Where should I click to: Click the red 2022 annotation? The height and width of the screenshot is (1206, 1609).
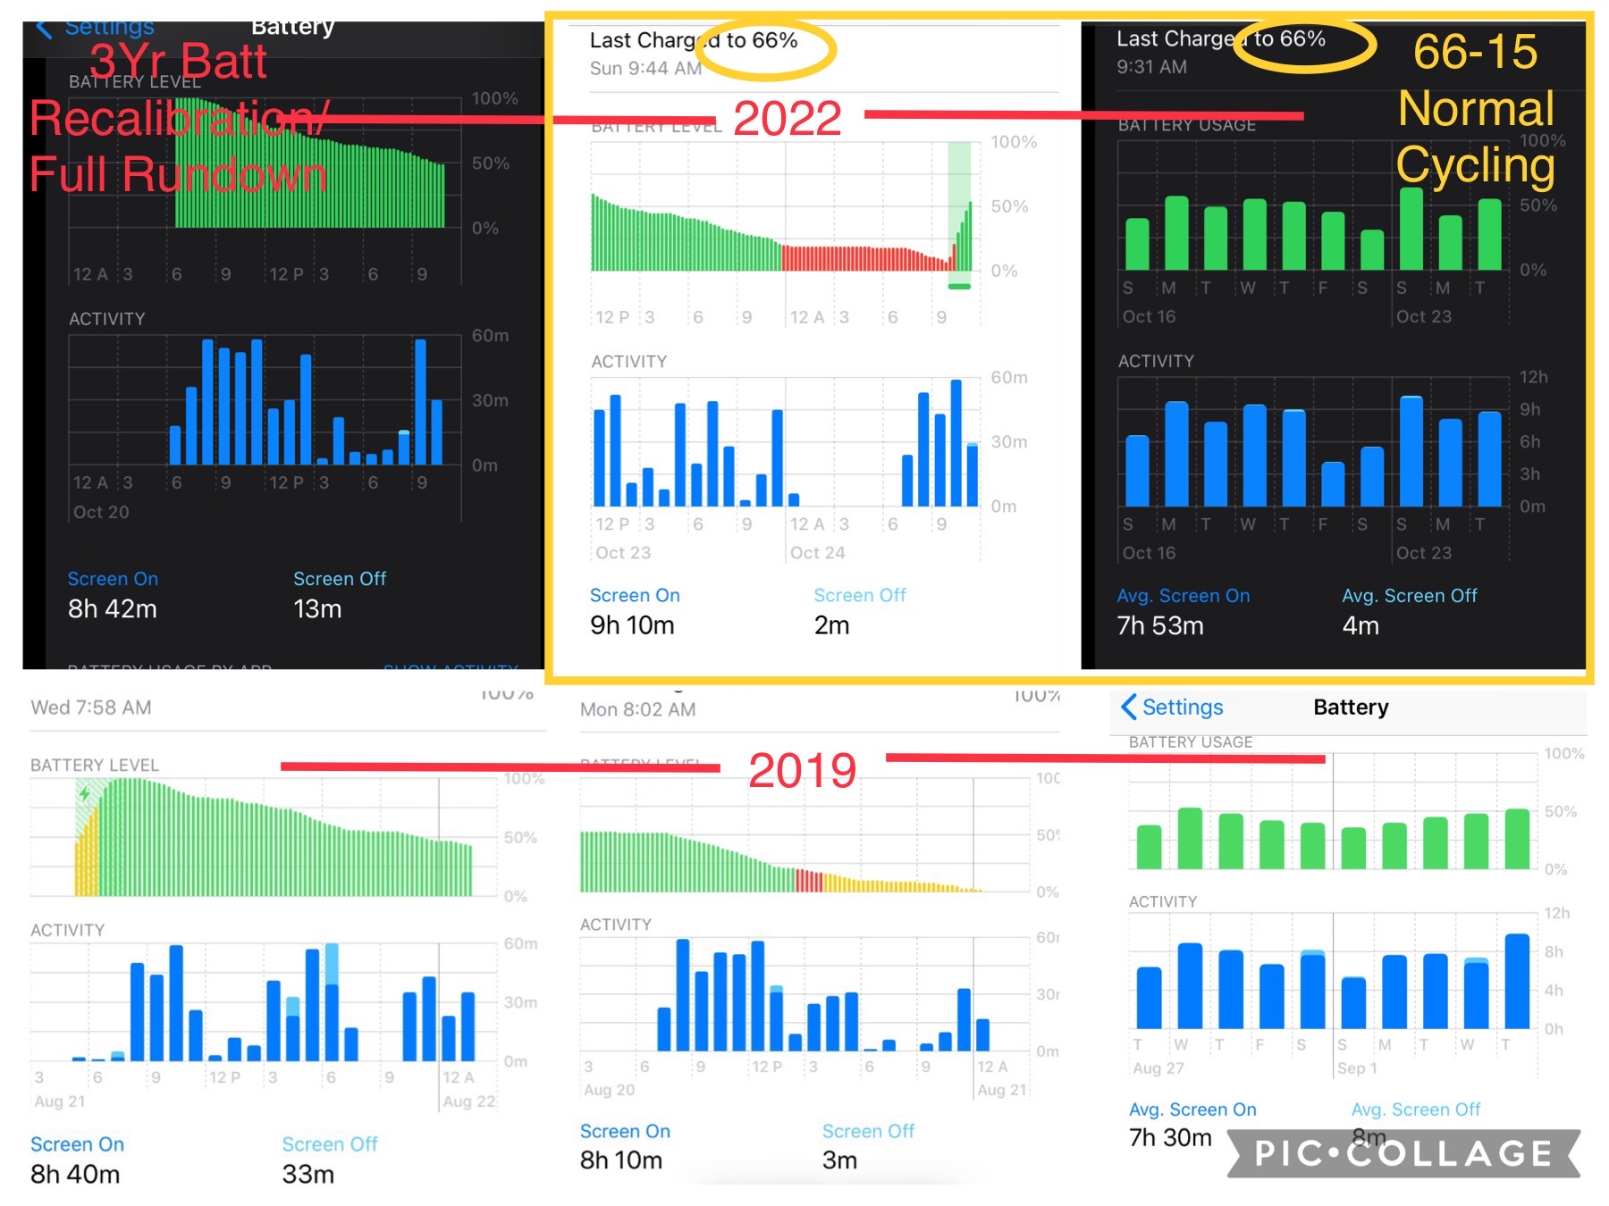[787, 119]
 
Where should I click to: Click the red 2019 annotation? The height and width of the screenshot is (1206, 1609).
[802, 771]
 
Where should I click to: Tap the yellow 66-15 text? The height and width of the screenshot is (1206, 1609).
[1475, 52]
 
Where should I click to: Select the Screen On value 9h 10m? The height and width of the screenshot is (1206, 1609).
[632, 625]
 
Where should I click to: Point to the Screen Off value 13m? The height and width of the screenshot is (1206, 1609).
[317, 609]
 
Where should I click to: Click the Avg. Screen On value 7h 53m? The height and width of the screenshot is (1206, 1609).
[1160, 625]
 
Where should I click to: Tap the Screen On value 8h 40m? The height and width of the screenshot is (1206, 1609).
[75, 1174]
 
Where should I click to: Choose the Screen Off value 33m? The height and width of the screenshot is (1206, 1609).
[307, 1174]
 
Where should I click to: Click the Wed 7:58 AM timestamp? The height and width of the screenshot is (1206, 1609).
[91, 708]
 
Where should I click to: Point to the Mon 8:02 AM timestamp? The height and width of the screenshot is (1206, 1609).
[637, 709]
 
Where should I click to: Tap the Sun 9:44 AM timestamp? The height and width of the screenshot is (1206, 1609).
[645, 68]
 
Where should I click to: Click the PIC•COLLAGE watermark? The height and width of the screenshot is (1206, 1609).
[1403, 1153]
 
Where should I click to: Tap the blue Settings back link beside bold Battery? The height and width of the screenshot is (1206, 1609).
[1173, 708]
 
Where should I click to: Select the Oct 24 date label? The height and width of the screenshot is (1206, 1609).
[817, 553]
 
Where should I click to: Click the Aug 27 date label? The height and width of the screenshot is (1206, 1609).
[1158, 1068]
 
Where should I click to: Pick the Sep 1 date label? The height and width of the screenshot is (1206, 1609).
[1357, 1068]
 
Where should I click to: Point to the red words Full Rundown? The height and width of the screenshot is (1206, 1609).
[178, 174]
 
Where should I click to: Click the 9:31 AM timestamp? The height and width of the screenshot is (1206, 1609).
[1151, 66]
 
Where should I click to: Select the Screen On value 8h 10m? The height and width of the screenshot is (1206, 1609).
[621, 1160]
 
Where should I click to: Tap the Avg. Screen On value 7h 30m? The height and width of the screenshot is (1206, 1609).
[1170, 1137]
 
